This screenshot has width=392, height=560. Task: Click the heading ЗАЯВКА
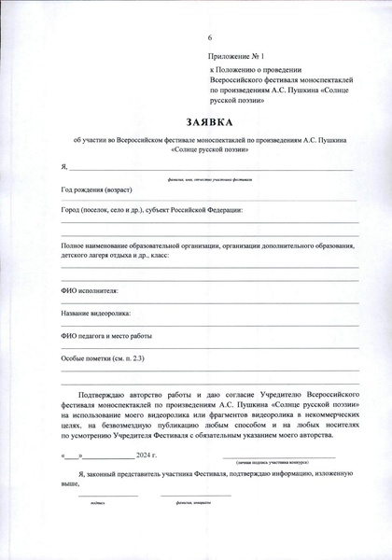click(x=209, y=122)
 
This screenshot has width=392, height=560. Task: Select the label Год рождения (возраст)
click(x=97, y=189)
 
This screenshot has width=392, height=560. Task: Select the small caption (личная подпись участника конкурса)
click(x=278, y=462)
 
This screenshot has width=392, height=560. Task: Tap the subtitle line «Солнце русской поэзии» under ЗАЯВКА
click(x=209, y=148)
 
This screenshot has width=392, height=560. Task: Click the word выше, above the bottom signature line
click(x=70, y=484)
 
